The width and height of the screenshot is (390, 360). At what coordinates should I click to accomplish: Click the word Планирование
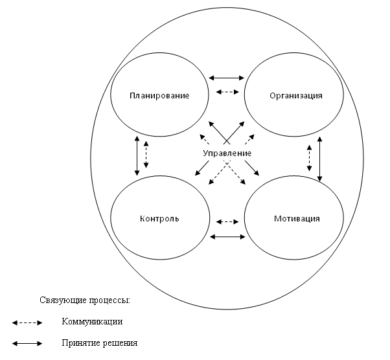click(x=159, y=96)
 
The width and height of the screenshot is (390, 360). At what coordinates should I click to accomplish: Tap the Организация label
click(x=296, y=96)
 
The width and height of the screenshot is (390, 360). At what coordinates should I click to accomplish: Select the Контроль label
click(x=159, y=219)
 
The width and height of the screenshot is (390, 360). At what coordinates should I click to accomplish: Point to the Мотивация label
click(x=297, y=219)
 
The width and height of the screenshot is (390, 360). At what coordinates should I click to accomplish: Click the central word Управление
click(x=227, y=153)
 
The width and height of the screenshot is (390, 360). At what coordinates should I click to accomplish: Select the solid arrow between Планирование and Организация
click(x=226, y=78)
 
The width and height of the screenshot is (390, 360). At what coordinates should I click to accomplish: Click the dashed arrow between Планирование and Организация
click(x=227, y=92)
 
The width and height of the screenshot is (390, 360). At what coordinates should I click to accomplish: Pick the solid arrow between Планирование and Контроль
click(x=137, y=156)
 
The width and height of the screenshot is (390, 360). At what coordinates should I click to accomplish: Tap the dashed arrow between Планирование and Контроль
click(x=146, y=154)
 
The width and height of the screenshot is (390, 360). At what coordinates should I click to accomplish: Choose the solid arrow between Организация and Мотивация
click(x=320, y=159)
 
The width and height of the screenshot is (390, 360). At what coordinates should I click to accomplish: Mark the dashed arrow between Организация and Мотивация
click(x=310, y=158)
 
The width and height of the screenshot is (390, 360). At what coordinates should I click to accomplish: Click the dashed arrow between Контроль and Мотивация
click(x=227, y=222)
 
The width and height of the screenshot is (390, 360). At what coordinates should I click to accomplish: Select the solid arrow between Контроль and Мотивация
click(x=227, y=237)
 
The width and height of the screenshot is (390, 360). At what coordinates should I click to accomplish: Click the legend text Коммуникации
click(x=92, y=321)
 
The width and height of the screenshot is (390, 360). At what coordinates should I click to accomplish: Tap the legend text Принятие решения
click(x=100, y=343)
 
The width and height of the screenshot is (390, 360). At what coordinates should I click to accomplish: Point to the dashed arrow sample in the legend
click(x=27, y=323)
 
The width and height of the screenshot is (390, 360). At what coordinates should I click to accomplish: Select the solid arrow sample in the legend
click(x=27, y=344)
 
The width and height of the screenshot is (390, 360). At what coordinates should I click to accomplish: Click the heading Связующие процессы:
click(x=85, y=300)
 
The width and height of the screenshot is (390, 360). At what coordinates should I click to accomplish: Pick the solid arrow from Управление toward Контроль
click(x=202, y=168)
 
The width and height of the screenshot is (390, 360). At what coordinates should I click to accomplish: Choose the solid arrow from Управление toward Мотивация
click(x=252, y=168)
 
